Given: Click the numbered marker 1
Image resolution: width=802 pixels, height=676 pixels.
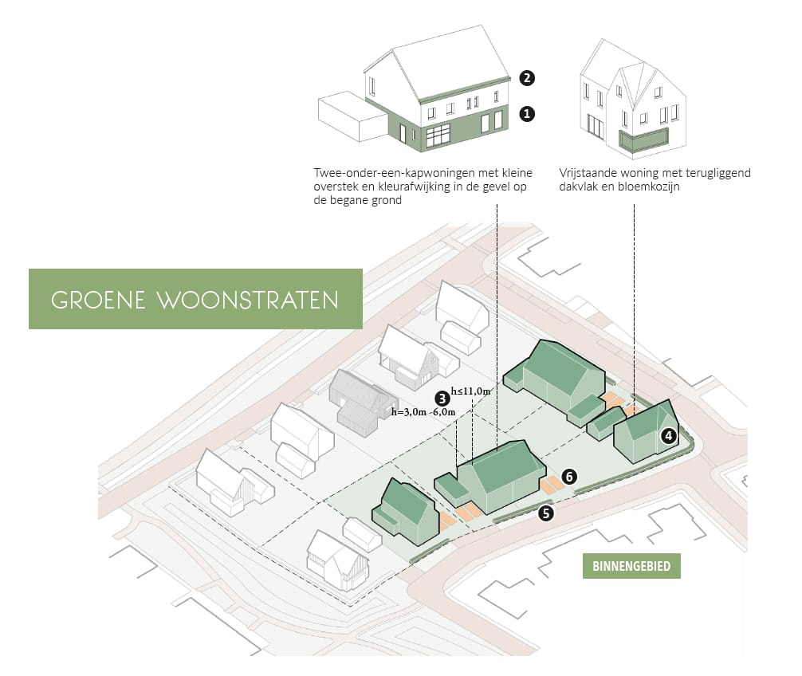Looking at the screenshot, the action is tap(527, 113).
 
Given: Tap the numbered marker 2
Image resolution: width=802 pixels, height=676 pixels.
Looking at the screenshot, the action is tap(527, 78).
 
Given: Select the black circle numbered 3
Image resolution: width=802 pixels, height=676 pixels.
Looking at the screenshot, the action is tap(442, 399).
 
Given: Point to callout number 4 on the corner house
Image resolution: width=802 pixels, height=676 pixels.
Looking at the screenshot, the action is tap(669, 436).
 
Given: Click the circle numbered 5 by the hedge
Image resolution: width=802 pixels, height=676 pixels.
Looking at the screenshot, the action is tap(546, 513).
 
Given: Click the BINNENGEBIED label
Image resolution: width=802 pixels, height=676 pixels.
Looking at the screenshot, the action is tap(631, 566).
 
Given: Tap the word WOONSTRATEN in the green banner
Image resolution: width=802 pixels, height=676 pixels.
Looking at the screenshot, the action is tap(248, 301).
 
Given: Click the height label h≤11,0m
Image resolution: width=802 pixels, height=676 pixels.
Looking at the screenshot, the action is tap(470, 391).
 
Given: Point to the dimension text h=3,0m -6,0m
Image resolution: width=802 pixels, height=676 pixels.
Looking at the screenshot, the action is tap(423, 411).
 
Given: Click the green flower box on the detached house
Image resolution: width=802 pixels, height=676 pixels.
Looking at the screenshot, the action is tap(643, 141).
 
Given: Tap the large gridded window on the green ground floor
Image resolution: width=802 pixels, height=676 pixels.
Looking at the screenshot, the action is tap(438, 136).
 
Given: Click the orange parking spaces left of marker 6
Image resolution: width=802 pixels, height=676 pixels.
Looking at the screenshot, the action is tap(550, 485).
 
